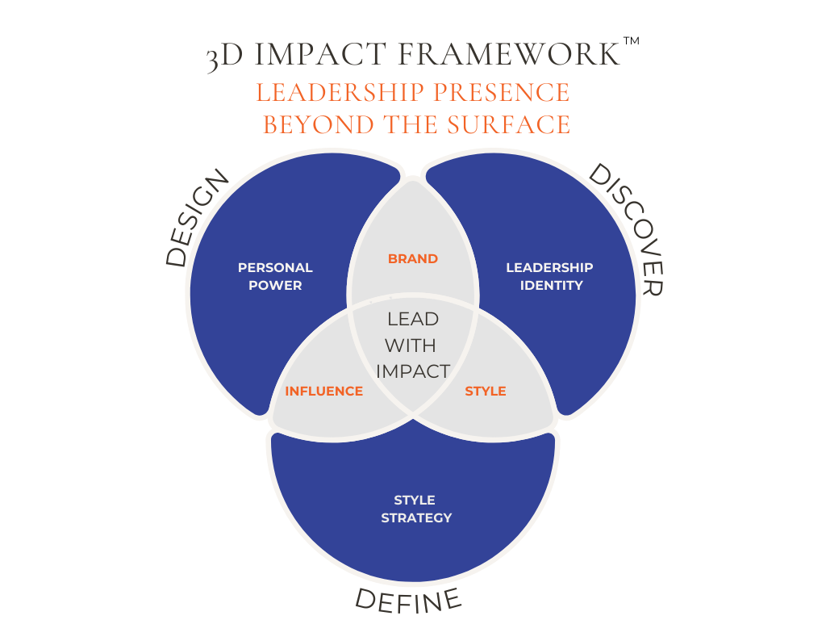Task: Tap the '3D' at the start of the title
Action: click(x=223, y=57)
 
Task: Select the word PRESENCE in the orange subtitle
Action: click(x=501, y=92)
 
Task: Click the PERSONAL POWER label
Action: click(x=275, y=276)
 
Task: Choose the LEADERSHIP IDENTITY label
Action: click(x=549, y=276)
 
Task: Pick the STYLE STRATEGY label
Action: click(x=415, y=509)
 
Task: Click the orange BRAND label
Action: click(x=413, y=259)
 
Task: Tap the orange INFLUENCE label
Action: click(x=323, y=392)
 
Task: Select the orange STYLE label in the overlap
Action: click(x=486, y=392)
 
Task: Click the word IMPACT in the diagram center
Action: click(x=413, y=371)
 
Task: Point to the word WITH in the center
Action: click(x=411, y=346)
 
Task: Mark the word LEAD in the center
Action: click(x=413, y=319)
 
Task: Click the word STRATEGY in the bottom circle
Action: click(x=416, y=517)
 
